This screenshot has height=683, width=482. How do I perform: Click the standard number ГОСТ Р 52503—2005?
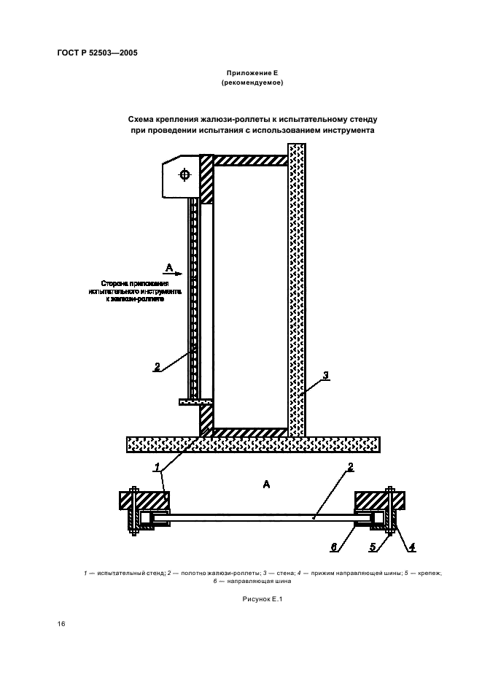coord(96,53)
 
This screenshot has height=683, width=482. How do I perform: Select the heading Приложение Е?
coord(252,73)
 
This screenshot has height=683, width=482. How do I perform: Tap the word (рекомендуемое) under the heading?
coord(252,83)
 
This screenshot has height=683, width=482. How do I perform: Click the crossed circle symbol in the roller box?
coord(183,174)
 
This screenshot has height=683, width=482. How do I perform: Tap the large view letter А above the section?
coord(266,483)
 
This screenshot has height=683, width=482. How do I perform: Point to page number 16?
coord(61,625)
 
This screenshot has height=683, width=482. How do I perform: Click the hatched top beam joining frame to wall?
coord(251,158)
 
